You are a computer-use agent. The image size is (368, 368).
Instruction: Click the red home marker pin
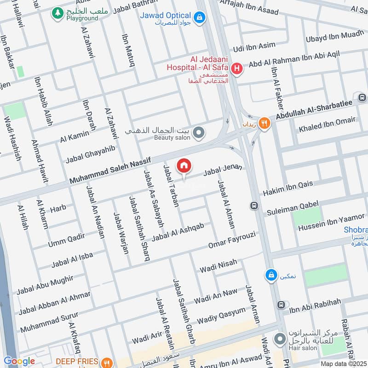[x=184, y=166]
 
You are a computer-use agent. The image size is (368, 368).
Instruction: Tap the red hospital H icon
[x=237, y=69]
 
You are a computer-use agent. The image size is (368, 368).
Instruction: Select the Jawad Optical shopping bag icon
[x=199, y=18]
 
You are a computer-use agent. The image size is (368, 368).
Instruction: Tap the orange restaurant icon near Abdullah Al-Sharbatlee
[x=264, y=123]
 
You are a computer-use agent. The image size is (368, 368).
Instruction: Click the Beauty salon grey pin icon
[x=199, y=133]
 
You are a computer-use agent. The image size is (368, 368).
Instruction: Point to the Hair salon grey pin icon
[x=279, y=340]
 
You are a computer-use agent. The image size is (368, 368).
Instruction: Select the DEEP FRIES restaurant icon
[x=107, y=362]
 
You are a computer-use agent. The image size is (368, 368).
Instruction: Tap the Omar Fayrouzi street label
[x=231, y=240]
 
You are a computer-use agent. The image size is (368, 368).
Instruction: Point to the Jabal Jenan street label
[x=223, y=170]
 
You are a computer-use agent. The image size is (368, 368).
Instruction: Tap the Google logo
[x=19, y=362]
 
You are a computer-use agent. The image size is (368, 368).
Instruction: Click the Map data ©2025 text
[x=343, y=364]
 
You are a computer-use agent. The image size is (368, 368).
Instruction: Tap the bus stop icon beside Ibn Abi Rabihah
[x=281, y=305]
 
